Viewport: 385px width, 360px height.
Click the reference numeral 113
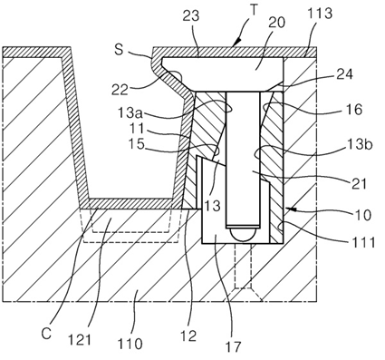click(320, 14)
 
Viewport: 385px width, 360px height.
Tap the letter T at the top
click(255, 10)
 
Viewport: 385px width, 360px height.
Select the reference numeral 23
click(191, 15)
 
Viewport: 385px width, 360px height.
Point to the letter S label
click(119, 50)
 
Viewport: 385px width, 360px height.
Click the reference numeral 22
click(120, 90)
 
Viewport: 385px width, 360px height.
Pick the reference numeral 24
click(344, 74)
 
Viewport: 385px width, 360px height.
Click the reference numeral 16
click(353, 110)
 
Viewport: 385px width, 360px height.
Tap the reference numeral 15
click(136, 144)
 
